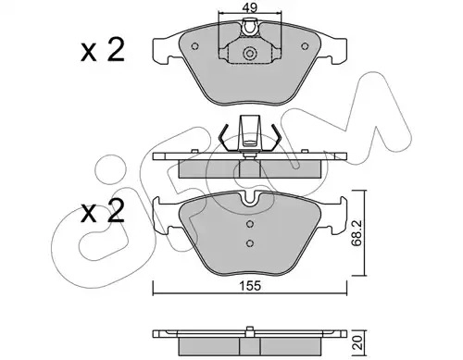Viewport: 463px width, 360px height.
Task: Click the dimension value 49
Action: tap(250, 7)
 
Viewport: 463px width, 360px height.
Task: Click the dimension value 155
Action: tap(250, 286)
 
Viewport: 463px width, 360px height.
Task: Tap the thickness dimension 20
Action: tap(358, 342)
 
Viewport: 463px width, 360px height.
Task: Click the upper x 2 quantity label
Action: tap(103, 51)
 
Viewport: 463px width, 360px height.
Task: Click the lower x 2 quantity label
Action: tap(103, 212)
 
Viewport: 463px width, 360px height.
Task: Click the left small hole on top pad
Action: tap(194, 46)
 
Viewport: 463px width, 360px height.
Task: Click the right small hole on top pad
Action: tap(305, 46)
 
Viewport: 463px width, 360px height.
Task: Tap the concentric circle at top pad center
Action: tap(250, 54)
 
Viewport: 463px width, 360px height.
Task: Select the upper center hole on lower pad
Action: tap(250, 224)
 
